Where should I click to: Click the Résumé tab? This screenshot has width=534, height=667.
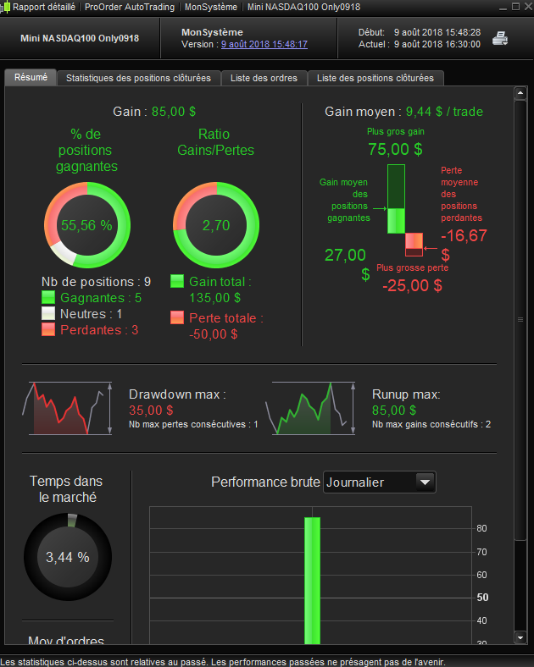31,77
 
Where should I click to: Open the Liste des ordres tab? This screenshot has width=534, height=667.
264,78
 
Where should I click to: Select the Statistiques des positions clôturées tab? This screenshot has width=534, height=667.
138,78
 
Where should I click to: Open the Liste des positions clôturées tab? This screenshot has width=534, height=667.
375,78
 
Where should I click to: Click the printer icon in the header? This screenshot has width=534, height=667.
500,38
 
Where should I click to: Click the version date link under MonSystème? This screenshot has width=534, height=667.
264,44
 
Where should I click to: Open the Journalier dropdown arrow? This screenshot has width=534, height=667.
425,482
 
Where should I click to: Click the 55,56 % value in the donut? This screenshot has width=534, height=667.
86,225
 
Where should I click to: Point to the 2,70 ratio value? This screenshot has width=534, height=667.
216,225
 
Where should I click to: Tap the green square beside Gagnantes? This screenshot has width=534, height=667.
48,297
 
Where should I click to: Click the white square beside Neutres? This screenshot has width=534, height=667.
48,313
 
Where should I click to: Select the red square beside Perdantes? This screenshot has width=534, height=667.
48,329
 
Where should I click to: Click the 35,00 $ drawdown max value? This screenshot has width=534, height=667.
151,411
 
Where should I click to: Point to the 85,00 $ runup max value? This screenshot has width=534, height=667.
394,411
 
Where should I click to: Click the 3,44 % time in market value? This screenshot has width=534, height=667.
68,557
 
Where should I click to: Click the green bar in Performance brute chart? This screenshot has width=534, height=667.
312,581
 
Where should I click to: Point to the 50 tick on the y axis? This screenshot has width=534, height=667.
482,598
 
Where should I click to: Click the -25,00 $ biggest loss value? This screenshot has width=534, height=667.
412,285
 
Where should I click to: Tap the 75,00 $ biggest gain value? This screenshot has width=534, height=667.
396,149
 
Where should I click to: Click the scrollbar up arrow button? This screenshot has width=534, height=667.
520,93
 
